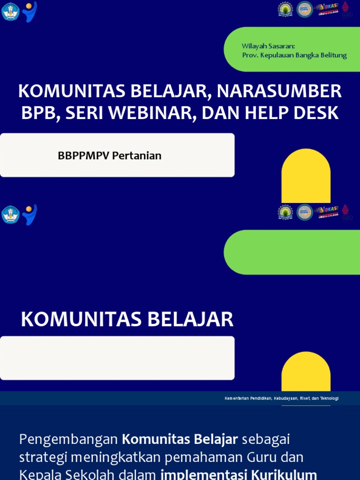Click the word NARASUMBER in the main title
[279, 91]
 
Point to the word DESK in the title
[317, 113]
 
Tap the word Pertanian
[137, 156]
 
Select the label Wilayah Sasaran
[268, 46]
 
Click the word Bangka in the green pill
[307, 55]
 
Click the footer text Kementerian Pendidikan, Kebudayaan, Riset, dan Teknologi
[281, 398]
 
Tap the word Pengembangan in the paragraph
[68, 440]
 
